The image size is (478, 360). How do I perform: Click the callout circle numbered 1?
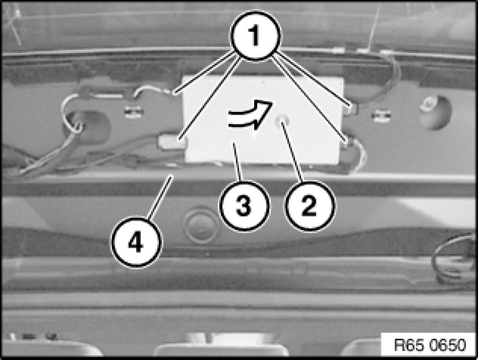click(x=255, y=36)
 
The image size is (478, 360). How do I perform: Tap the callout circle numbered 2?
click(x=309, y=206)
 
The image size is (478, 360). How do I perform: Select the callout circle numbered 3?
click(x=244, y=206)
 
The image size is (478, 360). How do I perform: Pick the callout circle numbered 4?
click(x=136, y=243)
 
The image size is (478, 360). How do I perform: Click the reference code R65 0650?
click(x=430, y=345)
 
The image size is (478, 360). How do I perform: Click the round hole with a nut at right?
click(x=434, y=112)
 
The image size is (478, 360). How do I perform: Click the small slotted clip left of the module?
click(x=134, y=111)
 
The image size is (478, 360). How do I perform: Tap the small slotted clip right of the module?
click(x=381, y=115)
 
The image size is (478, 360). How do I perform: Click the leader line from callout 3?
click(x=237, y=162)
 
